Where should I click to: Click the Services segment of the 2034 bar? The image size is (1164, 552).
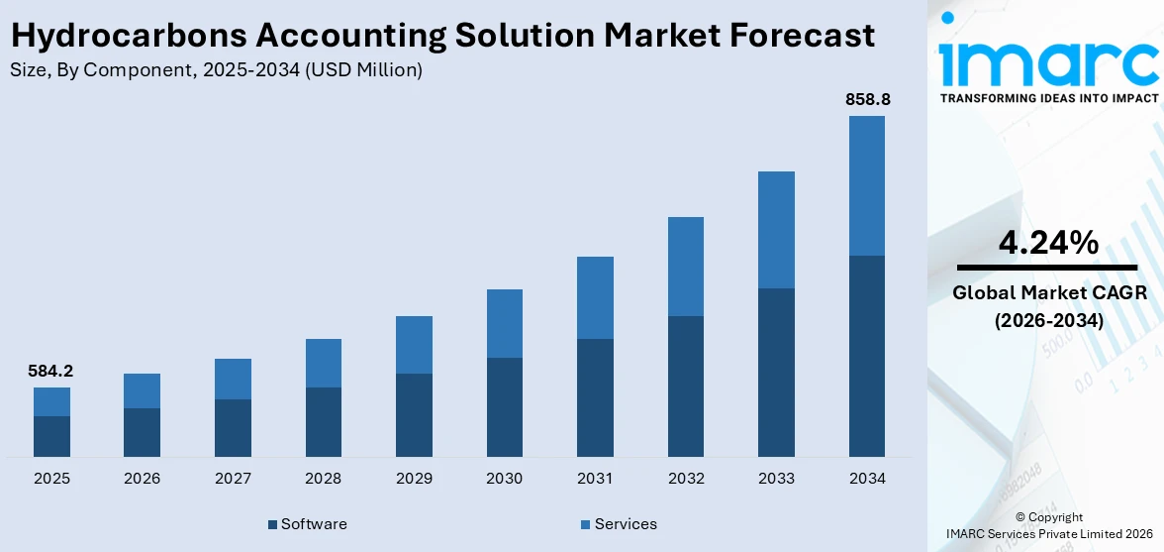(x=867, y=185)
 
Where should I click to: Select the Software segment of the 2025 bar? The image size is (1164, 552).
(x=51, y=436)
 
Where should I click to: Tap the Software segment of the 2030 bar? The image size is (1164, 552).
(x=505, y=406)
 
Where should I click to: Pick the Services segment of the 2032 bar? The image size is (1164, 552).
(x=686, y=267)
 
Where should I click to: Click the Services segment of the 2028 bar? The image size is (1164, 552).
(x=324, y=363)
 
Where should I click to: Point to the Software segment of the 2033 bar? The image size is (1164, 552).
(x=776, y=372)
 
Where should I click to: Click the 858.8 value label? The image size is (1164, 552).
(x=867, y=100)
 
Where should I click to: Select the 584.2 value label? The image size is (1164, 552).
(x=51, y=372)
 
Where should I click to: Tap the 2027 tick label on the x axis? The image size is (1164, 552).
(x=233, y=479)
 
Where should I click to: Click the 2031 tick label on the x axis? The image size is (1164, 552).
(x=595, y=479)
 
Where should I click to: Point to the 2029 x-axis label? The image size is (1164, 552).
(x=414, y=479)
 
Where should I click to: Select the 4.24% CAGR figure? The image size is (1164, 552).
(x=1047, y=243)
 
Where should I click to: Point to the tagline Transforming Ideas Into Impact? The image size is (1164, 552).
(x=1047, y=98)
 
